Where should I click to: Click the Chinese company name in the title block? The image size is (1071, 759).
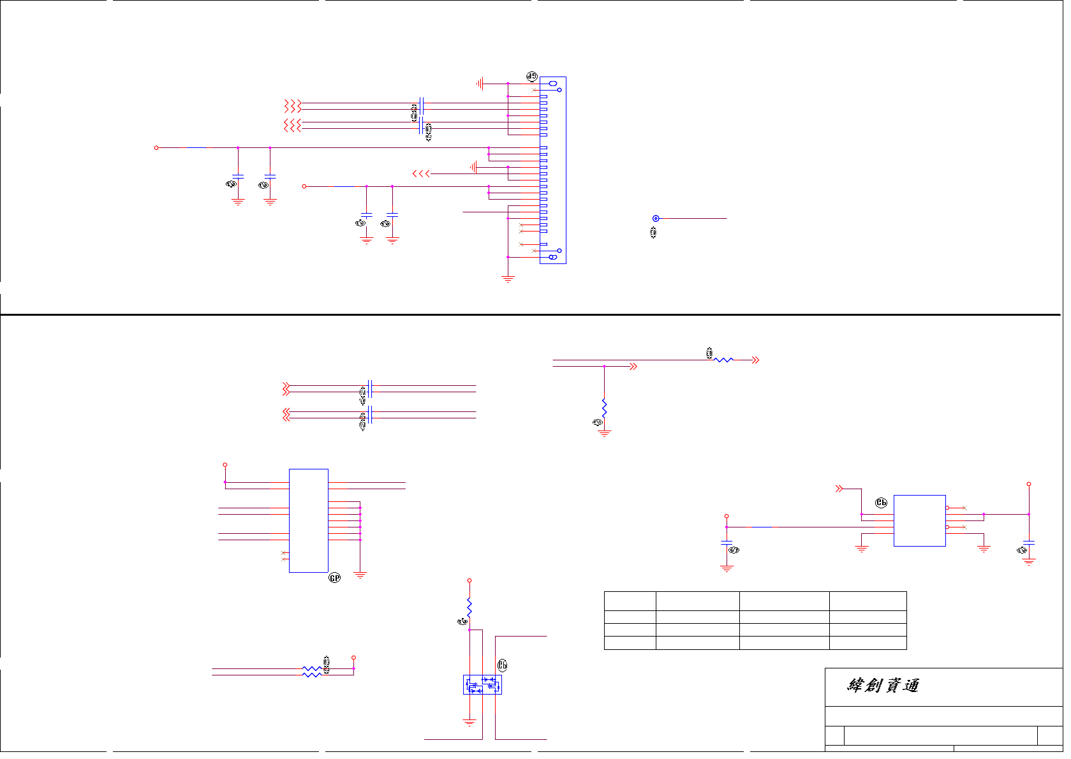(x=883, y=686)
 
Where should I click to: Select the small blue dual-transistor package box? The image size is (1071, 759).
(x=482, y=684)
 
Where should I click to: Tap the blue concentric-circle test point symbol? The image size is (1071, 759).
(x=655, y=219)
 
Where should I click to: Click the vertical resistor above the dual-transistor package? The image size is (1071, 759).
(x=469, y=607)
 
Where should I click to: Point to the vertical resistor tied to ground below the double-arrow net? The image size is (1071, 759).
(x=604, y=408)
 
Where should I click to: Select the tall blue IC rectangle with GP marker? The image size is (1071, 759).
(x=309, y=520)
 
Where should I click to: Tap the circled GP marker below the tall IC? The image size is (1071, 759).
(x=334, y=578)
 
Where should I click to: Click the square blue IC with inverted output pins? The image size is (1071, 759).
(x=919, y=520)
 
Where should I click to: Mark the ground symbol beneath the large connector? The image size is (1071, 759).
(x=508, y=279)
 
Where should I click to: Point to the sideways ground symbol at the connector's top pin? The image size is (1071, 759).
(x=480, y=84)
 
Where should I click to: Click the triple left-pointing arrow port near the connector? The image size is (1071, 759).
(x=421, y=173)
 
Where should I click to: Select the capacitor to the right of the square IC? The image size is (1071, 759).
(x=1028, y=543)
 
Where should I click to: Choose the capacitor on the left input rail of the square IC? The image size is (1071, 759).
(x=727, y=543)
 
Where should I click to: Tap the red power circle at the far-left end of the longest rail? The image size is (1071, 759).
(x=156, y=148)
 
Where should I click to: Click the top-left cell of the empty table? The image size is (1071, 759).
(x=630, y=601)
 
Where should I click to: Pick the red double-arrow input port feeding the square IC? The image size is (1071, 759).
(x=839, y=489)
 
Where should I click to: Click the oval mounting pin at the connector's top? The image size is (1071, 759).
(x=552, y=84)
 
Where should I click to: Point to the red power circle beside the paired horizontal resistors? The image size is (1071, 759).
(x=353, y=658)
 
